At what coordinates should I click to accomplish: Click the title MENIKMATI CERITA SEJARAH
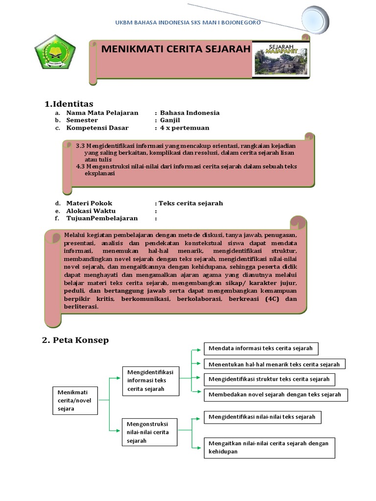point(176,49)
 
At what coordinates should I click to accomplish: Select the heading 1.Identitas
point(69,104)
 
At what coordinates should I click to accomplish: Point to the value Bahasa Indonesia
point(189,113)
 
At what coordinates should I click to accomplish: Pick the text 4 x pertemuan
point(185,128)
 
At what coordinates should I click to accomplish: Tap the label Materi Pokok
point(89,203)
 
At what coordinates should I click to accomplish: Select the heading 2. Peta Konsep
point(75,340)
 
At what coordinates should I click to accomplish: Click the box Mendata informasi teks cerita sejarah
point(261,348)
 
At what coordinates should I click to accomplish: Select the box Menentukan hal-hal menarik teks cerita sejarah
point(274,364)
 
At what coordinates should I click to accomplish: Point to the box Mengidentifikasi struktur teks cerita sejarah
point(270,379)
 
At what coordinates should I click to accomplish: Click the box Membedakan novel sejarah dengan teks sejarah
point(276,394)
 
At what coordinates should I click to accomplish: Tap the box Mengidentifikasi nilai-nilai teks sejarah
point(262,417)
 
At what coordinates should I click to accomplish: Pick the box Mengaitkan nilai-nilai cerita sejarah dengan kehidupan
point(269,447)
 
